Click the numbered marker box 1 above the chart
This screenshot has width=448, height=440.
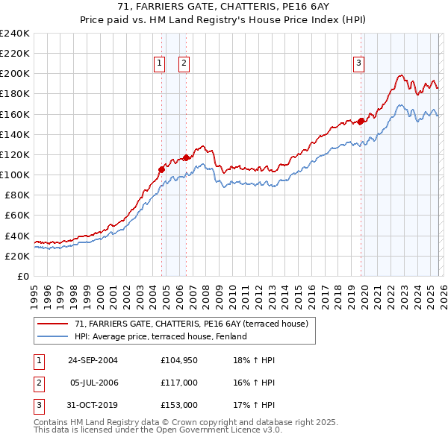[160, 64]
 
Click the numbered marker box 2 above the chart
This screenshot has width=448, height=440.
[183, 64]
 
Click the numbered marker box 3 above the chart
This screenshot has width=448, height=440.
[358, 64]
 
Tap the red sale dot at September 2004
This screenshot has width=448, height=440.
[161, 169]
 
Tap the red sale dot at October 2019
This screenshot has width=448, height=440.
[361, 121]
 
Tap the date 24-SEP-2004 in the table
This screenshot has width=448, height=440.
[92, 360]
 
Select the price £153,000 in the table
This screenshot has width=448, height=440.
[178, 405]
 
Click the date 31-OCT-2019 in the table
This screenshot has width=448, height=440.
[92, 405]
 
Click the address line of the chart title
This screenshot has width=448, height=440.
[223, 7]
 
